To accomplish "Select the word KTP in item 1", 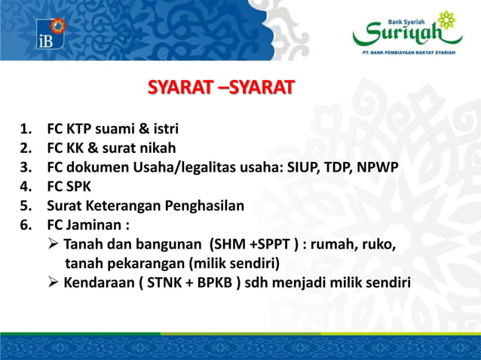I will (x=82, y=127).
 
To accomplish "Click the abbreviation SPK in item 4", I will (x=80, y=186).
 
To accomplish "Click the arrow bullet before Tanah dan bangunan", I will (x=54, y=245).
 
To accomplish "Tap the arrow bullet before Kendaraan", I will (x=54, y=283).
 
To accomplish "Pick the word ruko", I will (x=381, y=245).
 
